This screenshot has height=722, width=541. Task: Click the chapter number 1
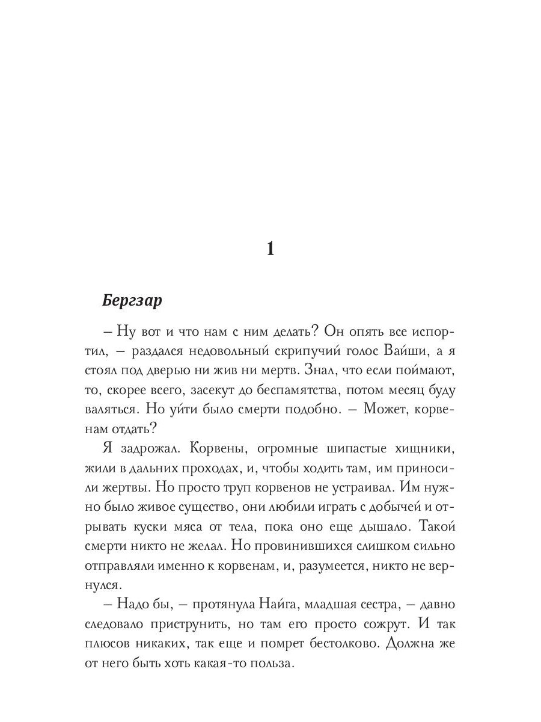[270, 248]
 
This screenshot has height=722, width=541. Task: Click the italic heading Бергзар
[132, 301]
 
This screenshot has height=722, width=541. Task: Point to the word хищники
[418, 448]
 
